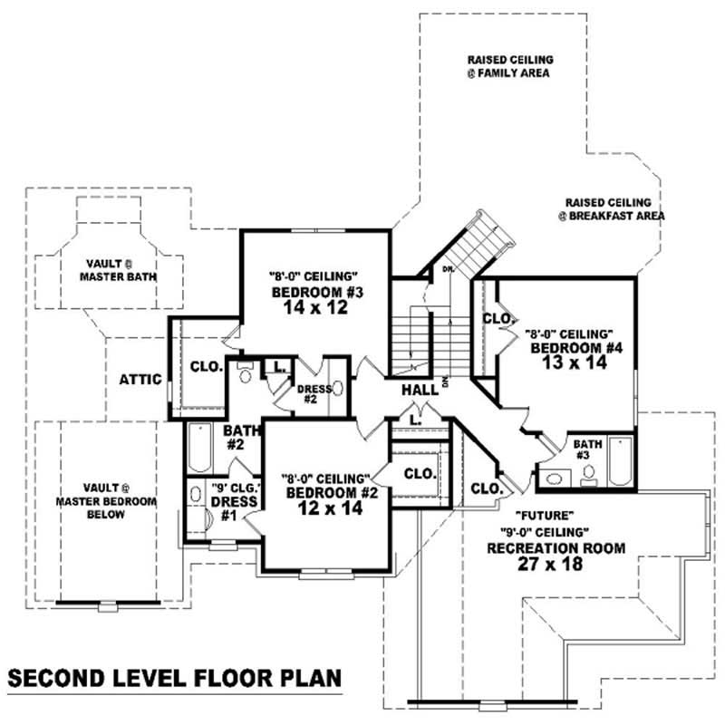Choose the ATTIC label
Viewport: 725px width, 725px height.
pos(140,380)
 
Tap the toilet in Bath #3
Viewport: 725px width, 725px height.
pos(588,471)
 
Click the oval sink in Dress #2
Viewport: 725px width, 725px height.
pos(338,389)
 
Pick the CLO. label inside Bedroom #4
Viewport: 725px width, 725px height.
pos(498,320)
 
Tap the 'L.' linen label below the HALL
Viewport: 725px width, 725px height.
pos(414,420)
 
